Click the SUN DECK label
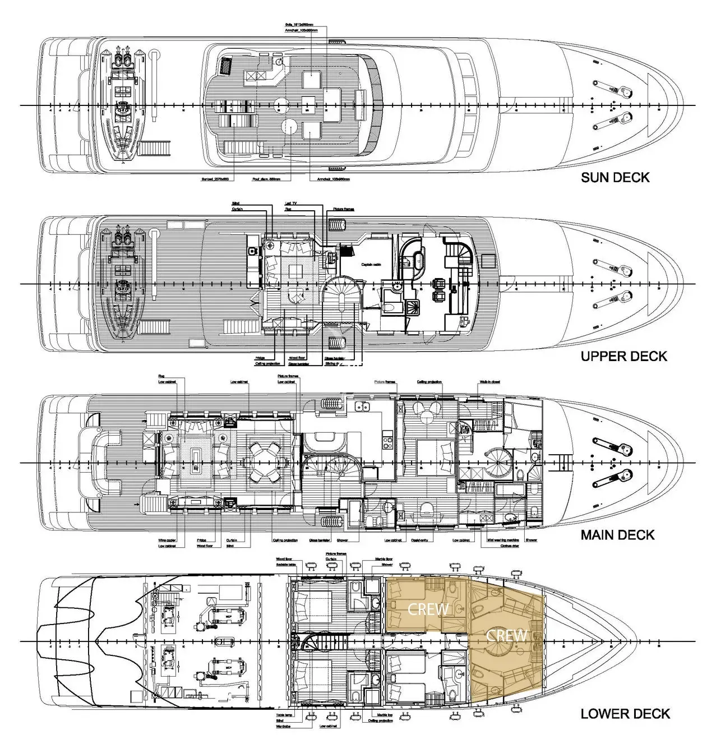(615, 178)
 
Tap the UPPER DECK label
(623, 356)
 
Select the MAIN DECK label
(617, 534)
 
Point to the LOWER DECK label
(625, 714)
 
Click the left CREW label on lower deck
(428, 608)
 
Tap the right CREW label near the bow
(506, 635)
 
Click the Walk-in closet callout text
(489, 382)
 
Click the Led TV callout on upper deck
(291, 204)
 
